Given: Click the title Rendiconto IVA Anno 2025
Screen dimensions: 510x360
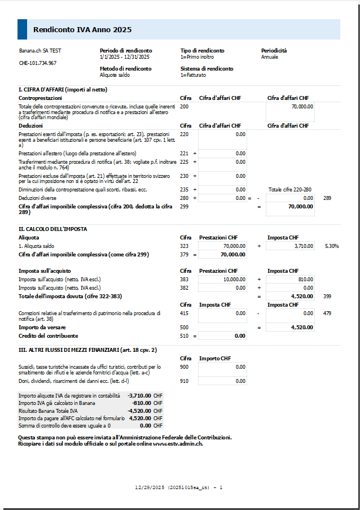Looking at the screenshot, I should point(82,29).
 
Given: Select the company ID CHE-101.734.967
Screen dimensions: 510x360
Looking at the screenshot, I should point(38,63).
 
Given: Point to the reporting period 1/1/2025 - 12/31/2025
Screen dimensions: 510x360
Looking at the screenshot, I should point(124,57).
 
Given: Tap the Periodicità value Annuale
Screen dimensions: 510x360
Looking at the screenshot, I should point(269,57).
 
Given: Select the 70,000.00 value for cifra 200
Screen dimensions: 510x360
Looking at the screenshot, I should point(302,106).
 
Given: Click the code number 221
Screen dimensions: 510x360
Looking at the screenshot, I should point(184,153).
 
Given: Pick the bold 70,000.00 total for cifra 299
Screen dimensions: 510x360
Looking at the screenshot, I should point(301,207).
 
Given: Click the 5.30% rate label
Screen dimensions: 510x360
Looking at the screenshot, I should point(332,246).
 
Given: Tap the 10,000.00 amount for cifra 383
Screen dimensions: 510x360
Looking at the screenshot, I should point(235,279).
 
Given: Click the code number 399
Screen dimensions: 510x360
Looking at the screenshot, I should point(327,295).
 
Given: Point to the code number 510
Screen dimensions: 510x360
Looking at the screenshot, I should point(184,335).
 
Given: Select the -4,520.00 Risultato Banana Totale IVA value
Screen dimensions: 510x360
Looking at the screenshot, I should point(139,411).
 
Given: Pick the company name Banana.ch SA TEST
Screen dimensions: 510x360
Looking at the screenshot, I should point(40,50).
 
